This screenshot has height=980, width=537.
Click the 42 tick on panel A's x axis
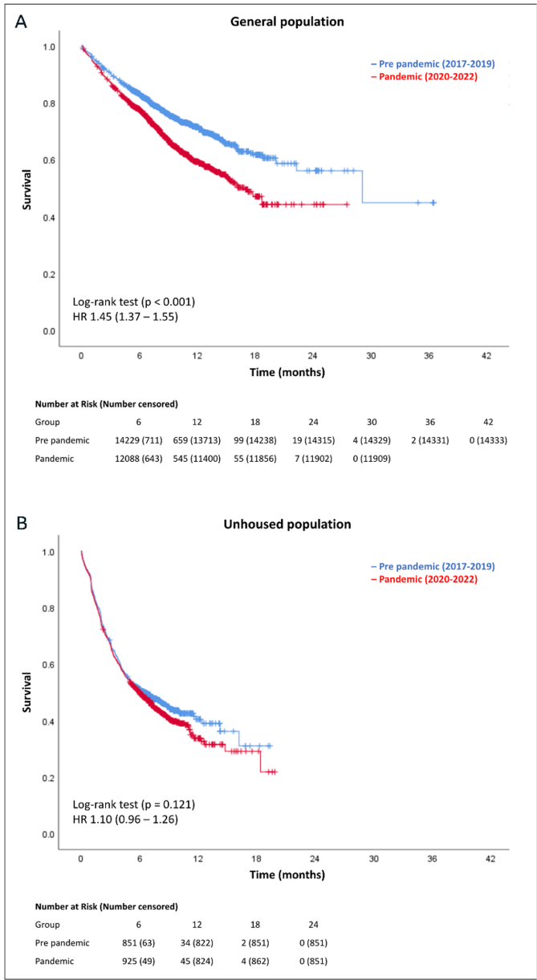click(x=487, y=354)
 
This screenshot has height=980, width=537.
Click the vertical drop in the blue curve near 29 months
click(x=363, y=187)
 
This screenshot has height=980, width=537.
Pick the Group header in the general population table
click(x=47, y=422)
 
